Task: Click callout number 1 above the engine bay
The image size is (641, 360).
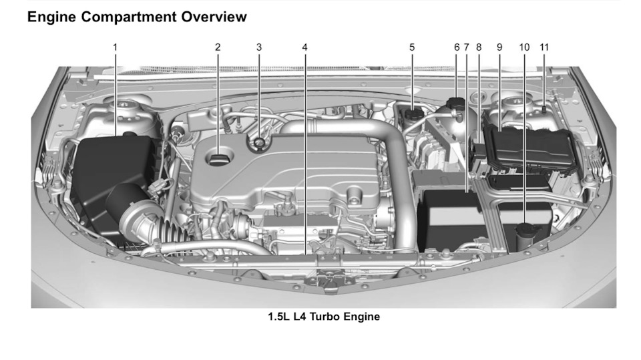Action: pos(116,47)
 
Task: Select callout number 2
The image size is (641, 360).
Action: pos(218,47)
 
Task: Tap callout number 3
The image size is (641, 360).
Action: pos(259,47)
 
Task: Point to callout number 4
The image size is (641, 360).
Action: pos(304,47)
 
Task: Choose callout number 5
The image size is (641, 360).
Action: pos(412,47)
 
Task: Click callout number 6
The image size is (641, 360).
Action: pos(457,47)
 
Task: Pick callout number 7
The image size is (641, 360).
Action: pos(467,47)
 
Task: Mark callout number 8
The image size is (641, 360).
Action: pos(479,47)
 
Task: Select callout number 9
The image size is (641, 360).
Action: pos(499,47)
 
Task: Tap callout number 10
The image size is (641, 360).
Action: pos(525,47)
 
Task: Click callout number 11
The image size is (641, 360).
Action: pos(544,47)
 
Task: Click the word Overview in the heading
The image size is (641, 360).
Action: pos(214,17)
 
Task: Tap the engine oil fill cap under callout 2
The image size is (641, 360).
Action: pos(219,158)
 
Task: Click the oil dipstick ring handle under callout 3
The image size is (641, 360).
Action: pos(259,143)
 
